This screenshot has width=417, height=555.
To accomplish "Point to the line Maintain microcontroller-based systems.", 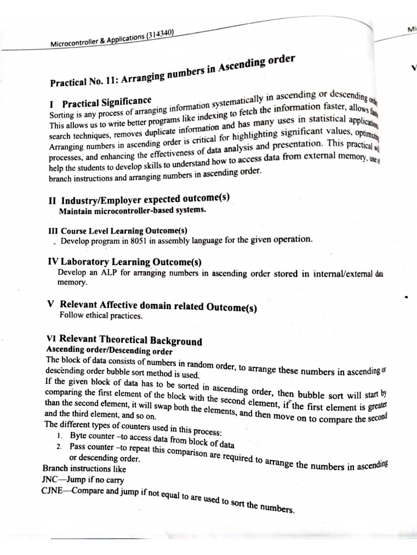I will tap(132, 211).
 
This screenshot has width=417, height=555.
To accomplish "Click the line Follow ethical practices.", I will tap(93, 315).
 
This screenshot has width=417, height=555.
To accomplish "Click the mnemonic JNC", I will tap(51, 479).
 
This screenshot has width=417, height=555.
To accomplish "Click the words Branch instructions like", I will tap(84, 468).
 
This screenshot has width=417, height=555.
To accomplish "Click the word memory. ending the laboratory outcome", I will tap(72, 283).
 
